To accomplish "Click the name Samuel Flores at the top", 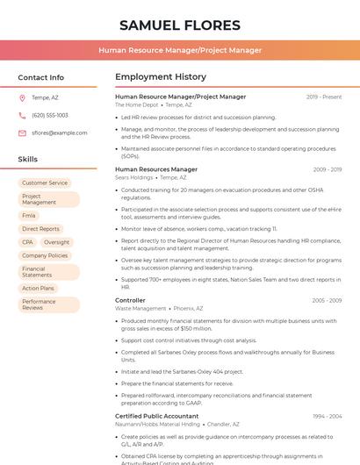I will pyautogui.click(x=179, y=25).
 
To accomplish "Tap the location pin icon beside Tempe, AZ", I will pyautogui.click(x=22, y=97).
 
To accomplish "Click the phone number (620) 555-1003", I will pyautogui.click(x=49, y=115).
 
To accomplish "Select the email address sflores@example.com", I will pyautogui.click(x=60, y=132).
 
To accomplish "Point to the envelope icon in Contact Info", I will pyautogui.click(x=22, y=132).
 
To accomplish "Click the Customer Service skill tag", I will pyautogui.click(x=45, y=182).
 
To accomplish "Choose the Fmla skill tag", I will pyautogui.click(x=29, y=215).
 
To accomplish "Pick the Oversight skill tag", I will pyautogui.click(x=56, y=242).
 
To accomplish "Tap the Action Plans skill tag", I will pyautogui.click(x=38, y=288).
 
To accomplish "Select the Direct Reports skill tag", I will pyautogui.click(x=40, y=229).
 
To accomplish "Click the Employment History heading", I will pyautogui.click(x=160, y=77).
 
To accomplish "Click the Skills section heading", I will pyautogui.click(x=28, y=160).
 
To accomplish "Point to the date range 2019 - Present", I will pyautogui.click(x=324, y=97).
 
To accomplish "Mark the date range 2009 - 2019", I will pyautogui.click(x=327, y=169).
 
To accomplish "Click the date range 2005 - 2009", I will pyautogui.click(x=327, y=300).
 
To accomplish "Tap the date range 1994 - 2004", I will pyautogui.click(x=327, y=416).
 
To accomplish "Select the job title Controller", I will pyautogui.click(x=130, y=300).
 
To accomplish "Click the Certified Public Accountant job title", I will pyautogui.click(x=156, y=416).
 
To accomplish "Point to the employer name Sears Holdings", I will pyautogui.click(x=134, y=177).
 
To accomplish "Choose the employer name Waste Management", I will pyautogui.click(x=140, y=309).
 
